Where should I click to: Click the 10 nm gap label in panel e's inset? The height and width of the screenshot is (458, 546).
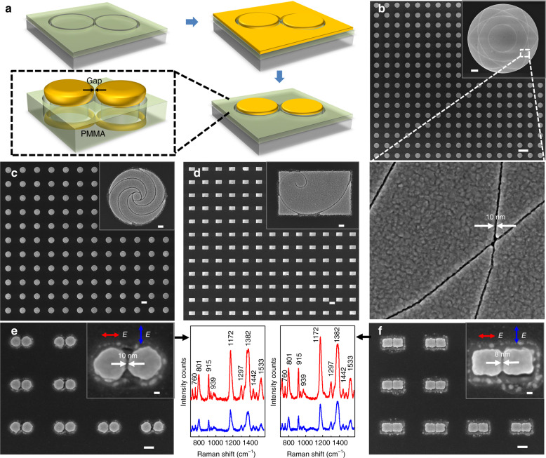(129, 353)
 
